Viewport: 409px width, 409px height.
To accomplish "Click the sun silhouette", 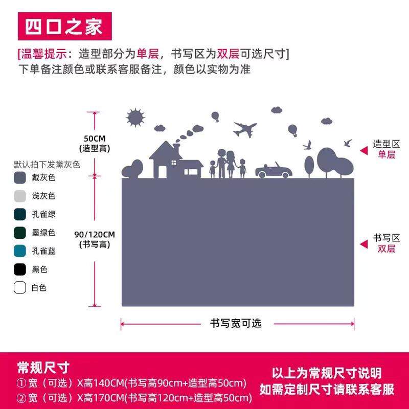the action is pyautogui.click(x=136, y=118).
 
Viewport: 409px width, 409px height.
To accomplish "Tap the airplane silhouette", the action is pyautogui.click(x=245, y=129).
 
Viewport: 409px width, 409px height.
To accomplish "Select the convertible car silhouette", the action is pyautogui.click(x=274, y=171).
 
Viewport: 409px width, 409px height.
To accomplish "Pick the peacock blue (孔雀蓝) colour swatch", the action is pyautogui.click(x=20, y=251).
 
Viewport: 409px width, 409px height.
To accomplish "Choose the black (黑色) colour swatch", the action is pyautogui.click(x=20, y=269).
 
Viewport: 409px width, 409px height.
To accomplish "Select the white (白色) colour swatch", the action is pyautogui.click(x=20, y=288).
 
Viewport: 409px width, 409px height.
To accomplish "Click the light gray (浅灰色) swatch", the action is pyautogui.click(x=20, y=196).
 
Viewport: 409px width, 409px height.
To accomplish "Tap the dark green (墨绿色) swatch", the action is pyautogui.click(x=20, y=233).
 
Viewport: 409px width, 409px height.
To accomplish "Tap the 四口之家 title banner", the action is pyautogui.click(x=64, y=26).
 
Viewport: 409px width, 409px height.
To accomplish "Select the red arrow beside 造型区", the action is pyautogui.click(x=363, y=150).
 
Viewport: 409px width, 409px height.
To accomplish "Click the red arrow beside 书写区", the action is pyautogui.click(x=363, y=244).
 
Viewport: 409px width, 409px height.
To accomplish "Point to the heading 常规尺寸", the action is pyautogui.click(x=43, y=367).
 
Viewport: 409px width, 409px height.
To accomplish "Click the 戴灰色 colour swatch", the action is pyautogui.click(x=20, y=177).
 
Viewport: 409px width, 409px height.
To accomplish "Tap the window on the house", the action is pyautogui.click(x=174, y=163).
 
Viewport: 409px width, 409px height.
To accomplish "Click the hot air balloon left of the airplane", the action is pyautogui.click(x=216, y=117).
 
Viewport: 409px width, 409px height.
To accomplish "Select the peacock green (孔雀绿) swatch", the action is pyautogui.click(x=20, y=214).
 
